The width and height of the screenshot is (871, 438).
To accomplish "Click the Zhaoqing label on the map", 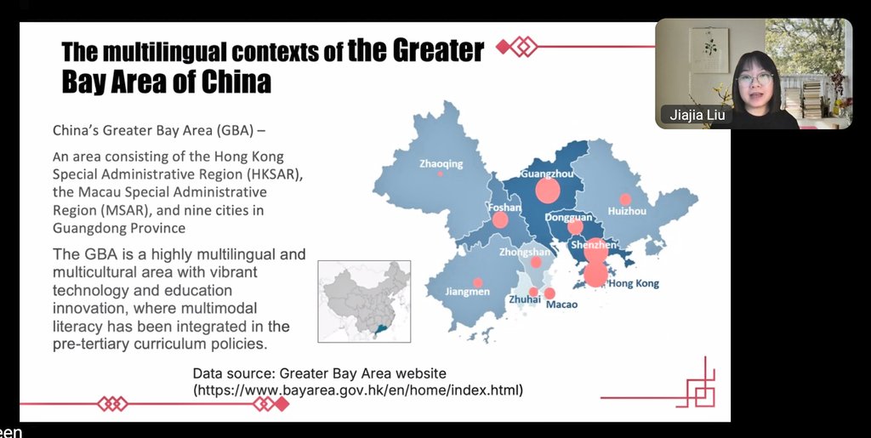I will coord(441,164).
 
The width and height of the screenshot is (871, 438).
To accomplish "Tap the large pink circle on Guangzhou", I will coord(548,191).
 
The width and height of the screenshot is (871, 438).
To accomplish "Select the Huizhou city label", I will coord(627,211).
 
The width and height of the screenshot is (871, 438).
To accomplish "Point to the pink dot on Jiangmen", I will coord(477,282).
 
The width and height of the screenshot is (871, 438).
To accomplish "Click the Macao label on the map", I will coord(562,304).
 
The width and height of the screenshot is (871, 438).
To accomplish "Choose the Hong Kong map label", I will coord(634,284).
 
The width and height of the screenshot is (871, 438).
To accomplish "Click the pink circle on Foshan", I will coord(500,219).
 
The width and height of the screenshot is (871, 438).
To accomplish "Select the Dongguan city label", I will coord(568,217).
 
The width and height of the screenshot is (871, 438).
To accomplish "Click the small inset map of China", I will coord(364,301).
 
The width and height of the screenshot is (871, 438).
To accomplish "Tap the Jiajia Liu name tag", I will coord(695,115).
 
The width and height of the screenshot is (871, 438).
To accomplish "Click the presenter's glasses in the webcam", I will coord(754,79).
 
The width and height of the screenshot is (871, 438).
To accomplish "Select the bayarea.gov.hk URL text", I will coord(358,390).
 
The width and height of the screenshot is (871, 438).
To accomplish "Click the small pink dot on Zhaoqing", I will coord(441,173).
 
